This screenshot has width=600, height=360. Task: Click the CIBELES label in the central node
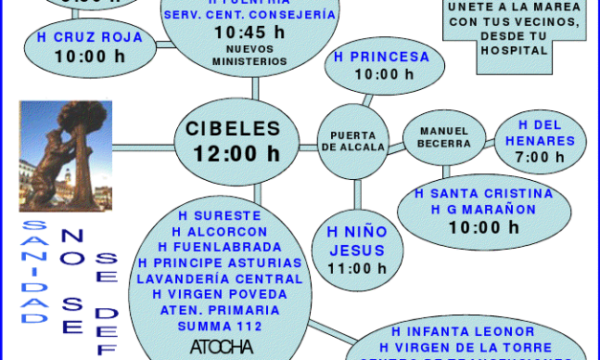tap(233, 128)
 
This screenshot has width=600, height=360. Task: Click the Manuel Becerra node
tap(436, 137)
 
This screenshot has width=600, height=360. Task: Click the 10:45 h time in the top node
tap(250, 32)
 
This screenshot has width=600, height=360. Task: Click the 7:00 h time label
tap(540, 157)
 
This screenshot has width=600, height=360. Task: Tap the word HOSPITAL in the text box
tap(515, 49)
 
